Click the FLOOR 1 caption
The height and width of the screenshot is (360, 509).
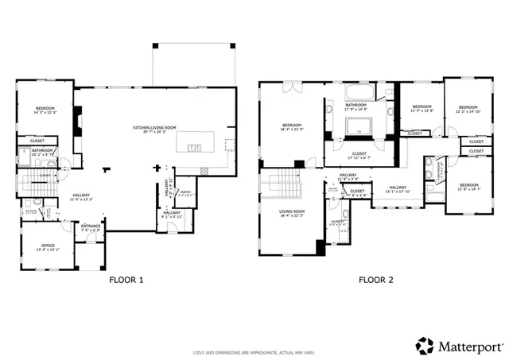click(126, 280)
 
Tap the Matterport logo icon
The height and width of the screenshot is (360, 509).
click(425, 346)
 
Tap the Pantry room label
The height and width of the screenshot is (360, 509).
click(185, 192)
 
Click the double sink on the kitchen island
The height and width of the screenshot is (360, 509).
click(193, 147)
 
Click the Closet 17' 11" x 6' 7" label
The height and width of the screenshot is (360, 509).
click(359, 155)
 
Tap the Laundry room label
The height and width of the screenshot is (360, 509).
click(338, 223)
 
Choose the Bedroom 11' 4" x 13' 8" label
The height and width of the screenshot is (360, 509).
click(421, 109)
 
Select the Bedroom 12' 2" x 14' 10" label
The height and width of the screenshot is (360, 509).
click(468, 109)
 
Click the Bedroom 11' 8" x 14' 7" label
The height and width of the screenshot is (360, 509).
click(469, 187)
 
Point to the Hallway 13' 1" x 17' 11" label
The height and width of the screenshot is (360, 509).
click(398, 189)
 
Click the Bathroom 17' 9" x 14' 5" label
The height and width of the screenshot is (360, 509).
click(356, 106)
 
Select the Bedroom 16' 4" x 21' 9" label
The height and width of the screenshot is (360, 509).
click(292, 127)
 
